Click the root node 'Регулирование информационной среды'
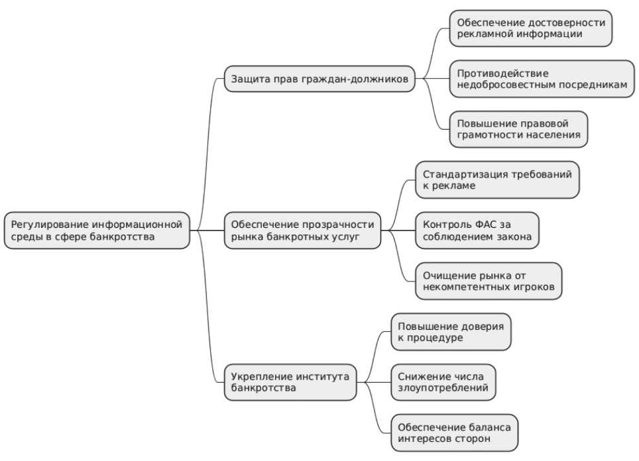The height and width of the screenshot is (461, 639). coord(97,230)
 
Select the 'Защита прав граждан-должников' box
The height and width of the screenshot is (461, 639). coord(319,79)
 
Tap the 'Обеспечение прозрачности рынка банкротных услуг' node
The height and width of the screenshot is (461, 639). coord(302,230)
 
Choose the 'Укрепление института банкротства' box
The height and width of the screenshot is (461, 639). coord(290,382)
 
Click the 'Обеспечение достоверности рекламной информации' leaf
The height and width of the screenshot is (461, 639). coord(530,28)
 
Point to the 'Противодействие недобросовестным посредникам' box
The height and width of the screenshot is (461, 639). coord(542,79)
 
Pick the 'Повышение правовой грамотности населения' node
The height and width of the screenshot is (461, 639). coord(518,129)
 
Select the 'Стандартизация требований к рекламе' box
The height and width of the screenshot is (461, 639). coord(497,180)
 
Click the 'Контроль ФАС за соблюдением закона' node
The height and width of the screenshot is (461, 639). coord(477,230)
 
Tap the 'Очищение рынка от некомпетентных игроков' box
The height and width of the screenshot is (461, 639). coord(489,281)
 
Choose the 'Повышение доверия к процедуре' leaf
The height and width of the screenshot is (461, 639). coord(451,332)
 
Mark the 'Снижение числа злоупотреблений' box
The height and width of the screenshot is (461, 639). coord(443,382)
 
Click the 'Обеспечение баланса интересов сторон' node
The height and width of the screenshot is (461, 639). coord(454,433)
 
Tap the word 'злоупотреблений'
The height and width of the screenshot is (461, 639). coord(443,388)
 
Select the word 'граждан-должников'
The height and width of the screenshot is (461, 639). coord(355,79)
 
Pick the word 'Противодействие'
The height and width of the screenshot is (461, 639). coord(503,74)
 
